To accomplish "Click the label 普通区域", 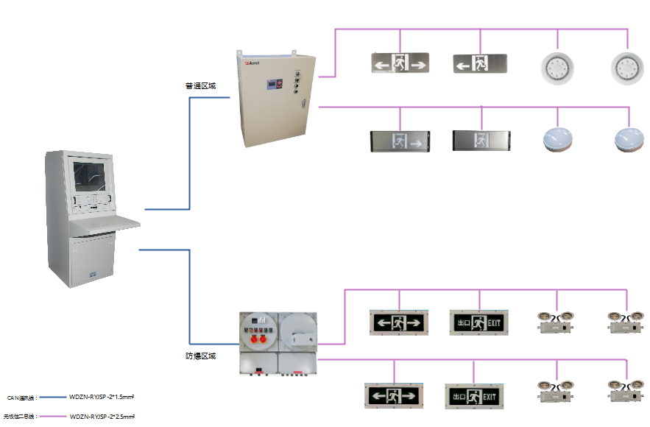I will point(200,86).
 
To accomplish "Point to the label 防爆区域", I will point(200,356).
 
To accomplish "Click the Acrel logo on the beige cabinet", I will point(251,63).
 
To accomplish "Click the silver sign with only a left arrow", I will point(480,64).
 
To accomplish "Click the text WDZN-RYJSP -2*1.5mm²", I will point(101,397).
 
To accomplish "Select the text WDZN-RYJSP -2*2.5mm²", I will point(102,417).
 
